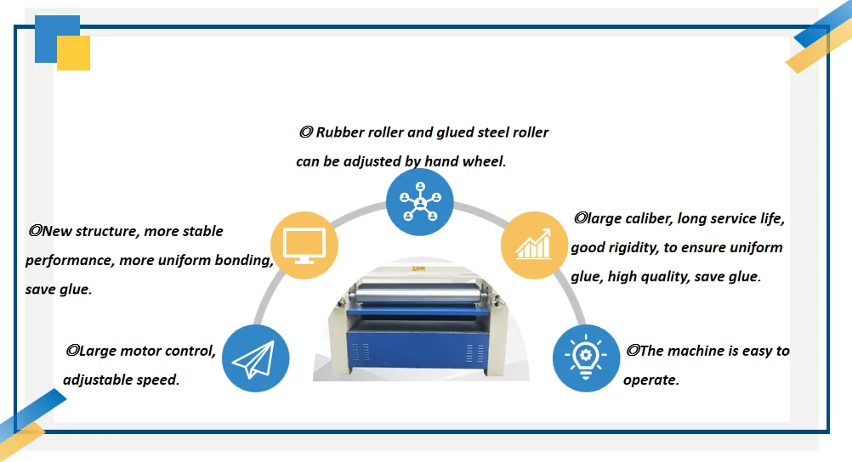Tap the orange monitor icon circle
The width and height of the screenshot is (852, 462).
[x=304, y=245]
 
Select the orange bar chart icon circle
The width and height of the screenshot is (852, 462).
[x=534, y=246]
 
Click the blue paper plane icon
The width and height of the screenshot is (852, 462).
[x=256, y=358]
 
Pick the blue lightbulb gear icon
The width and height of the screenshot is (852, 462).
[x=586, y=358]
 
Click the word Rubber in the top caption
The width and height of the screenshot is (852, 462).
[x=341, y=132]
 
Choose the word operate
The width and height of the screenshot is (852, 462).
[x=651, y=380]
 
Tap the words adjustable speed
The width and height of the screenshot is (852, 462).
[x=121, y=380]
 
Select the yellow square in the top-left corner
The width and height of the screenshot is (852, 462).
[x=75, y=54]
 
